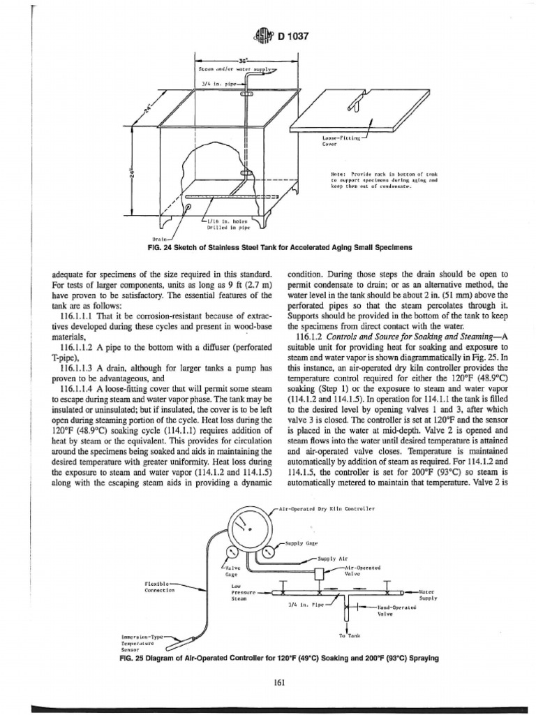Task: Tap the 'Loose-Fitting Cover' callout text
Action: coord(339,142)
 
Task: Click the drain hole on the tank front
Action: coord(188,207)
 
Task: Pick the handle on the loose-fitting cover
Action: coord(354,103)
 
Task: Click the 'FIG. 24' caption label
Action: coord(135,248)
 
